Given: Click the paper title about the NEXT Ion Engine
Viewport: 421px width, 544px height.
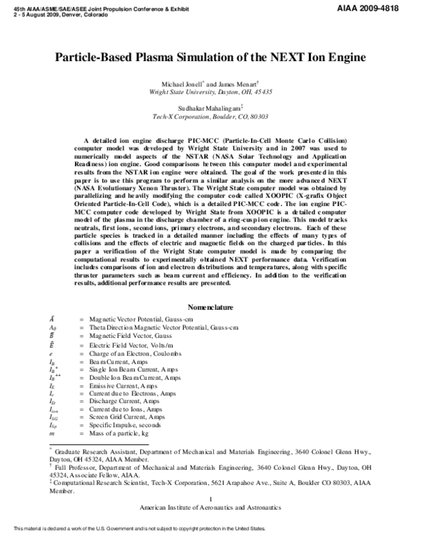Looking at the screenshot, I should click(x=210, y=58).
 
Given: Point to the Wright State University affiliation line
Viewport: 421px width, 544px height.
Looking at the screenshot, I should click(x=211, y=92).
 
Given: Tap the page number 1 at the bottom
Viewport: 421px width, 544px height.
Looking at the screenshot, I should click(x=210, y=498).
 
